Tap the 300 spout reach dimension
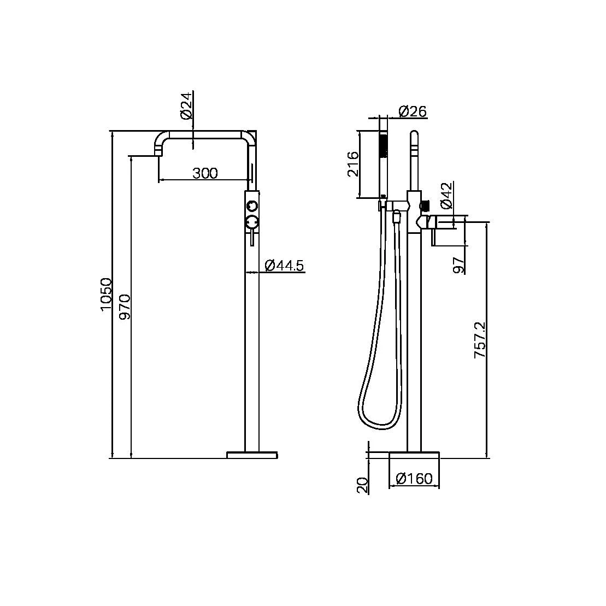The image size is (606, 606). tap(205, 173)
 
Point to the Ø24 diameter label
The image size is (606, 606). tap(185, 106)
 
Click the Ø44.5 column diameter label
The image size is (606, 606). tap(284, 266)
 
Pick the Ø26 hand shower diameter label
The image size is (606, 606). tap(413, 111)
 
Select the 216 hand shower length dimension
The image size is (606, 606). tap(352, 164)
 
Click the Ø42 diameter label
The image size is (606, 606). tap(445, 196)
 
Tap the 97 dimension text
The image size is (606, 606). tap(459, 264)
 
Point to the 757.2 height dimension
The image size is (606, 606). tap(480, 340)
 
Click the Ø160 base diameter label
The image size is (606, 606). tap(414, 479)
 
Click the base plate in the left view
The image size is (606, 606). tap(252, 455)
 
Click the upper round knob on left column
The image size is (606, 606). tap(251, 205)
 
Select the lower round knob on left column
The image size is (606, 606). tap(251, 222)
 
